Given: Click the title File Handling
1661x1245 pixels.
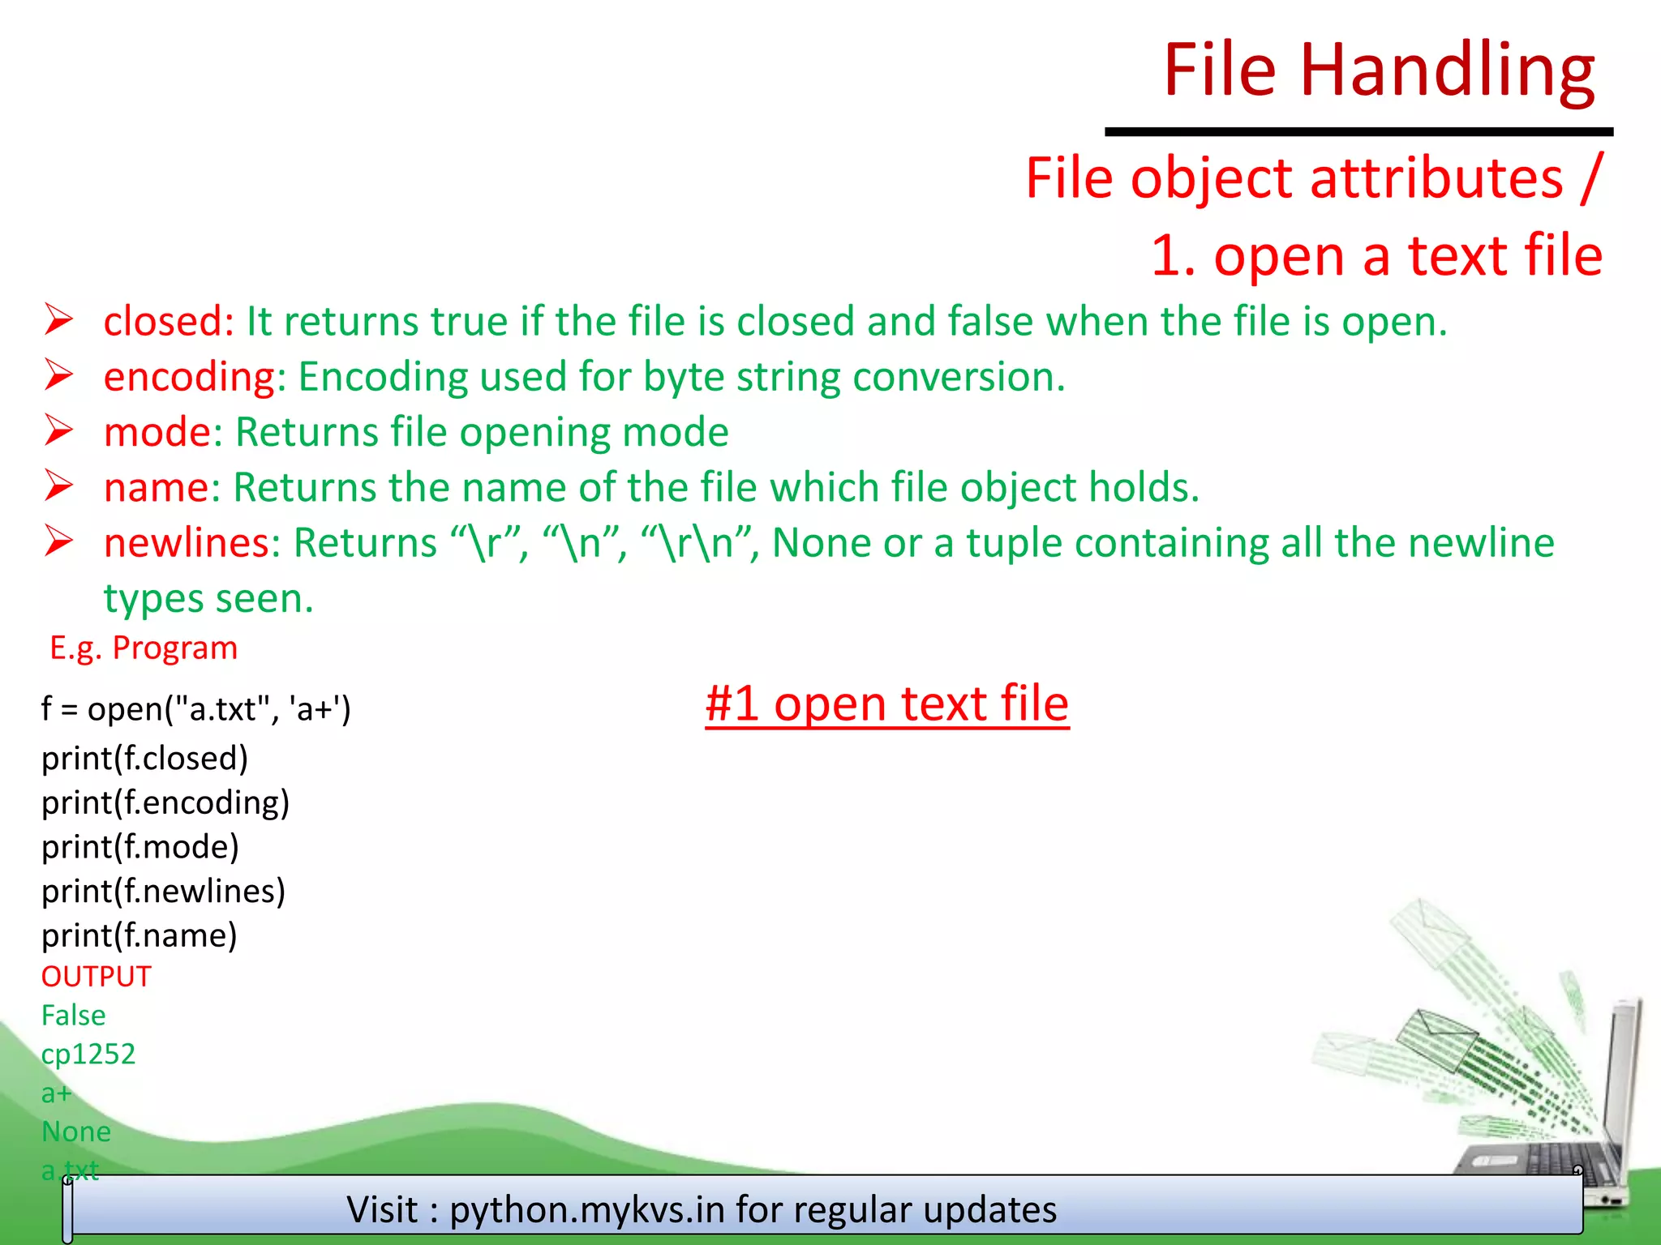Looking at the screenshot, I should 1379,71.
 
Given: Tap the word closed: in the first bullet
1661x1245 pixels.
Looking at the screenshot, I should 169,321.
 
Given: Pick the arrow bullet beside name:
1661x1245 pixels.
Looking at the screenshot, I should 59,486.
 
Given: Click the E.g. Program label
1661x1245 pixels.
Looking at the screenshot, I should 144,648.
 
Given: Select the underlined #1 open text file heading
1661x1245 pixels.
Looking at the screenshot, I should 886,704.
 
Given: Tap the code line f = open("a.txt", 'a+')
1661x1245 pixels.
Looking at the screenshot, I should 196,709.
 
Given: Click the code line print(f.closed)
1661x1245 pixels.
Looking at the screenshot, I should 145,759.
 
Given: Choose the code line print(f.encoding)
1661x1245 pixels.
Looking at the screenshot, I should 165,802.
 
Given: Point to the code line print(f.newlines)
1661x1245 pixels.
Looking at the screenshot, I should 164,892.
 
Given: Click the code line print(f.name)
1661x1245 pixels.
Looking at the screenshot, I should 139,936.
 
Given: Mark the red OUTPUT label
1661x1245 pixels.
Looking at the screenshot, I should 97,977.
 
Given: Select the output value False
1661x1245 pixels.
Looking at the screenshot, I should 74,1016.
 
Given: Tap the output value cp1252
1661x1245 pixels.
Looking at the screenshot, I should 88,1054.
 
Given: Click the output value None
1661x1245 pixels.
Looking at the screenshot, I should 76,1132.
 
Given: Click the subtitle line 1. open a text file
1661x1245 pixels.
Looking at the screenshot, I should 1376,256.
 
